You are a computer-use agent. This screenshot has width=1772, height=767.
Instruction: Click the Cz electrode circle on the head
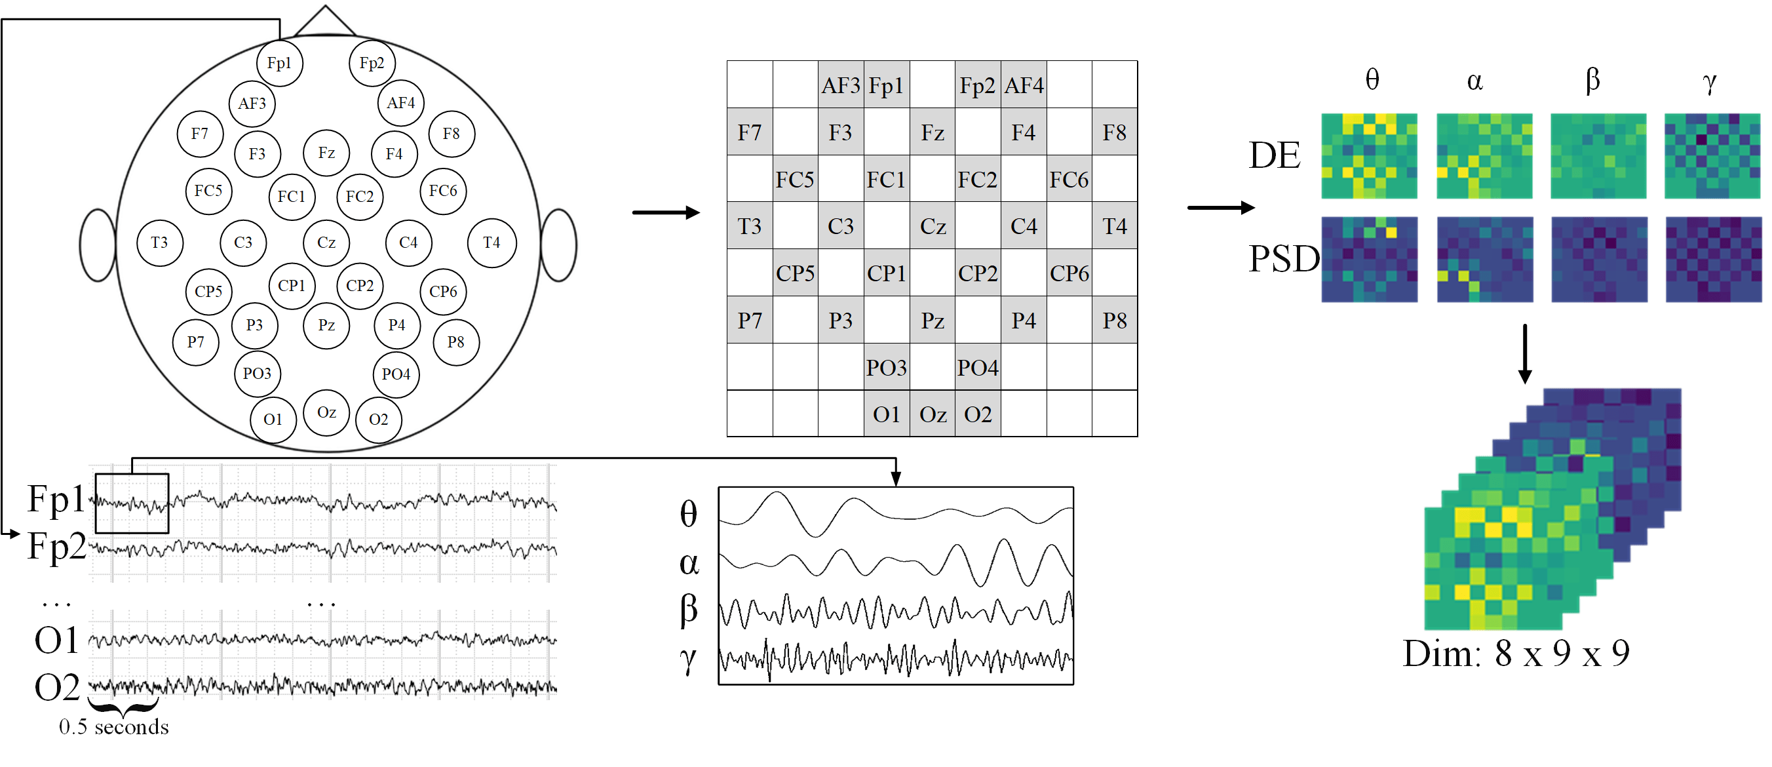(x=326, y=243)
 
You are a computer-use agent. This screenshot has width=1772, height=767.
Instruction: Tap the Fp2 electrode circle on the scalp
(x=372, y=64)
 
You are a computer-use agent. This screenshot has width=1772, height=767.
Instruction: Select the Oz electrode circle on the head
(x=326, y=413)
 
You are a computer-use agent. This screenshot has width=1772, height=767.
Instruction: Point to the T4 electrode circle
(x=491, y=243)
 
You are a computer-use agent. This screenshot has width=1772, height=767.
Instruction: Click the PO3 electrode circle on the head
(x=258, y=374)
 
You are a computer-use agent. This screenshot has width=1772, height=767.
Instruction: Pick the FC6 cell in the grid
(x=1068, y=180)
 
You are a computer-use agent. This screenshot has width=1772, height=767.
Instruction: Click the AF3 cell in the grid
(x=841, y=85)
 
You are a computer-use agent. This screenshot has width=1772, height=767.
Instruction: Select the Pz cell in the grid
(x=932, y=321)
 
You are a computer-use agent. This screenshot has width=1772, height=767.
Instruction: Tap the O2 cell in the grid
(x=978, y=414)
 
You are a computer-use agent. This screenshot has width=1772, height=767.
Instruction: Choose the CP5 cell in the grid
(x=795, y=273)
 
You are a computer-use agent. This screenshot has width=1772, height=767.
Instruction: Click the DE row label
(x=1274, y=155)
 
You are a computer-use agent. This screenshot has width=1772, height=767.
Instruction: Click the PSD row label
(x=1284, y=260)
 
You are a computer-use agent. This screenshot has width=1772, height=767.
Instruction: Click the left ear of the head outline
(x=98, y=246)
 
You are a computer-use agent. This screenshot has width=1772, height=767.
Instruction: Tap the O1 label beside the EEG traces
(x=56, y=640)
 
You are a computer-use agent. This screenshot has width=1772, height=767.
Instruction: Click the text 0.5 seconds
(x=113, y=727)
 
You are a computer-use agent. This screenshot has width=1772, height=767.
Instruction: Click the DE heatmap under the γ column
(x=1712, y=156)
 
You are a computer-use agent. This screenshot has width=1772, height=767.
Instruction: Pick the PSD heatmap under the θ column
(x=1369, y=260)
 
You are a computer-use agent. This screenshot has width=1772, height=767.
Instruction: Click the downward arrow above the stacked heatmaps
(x=1524, y=353)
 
